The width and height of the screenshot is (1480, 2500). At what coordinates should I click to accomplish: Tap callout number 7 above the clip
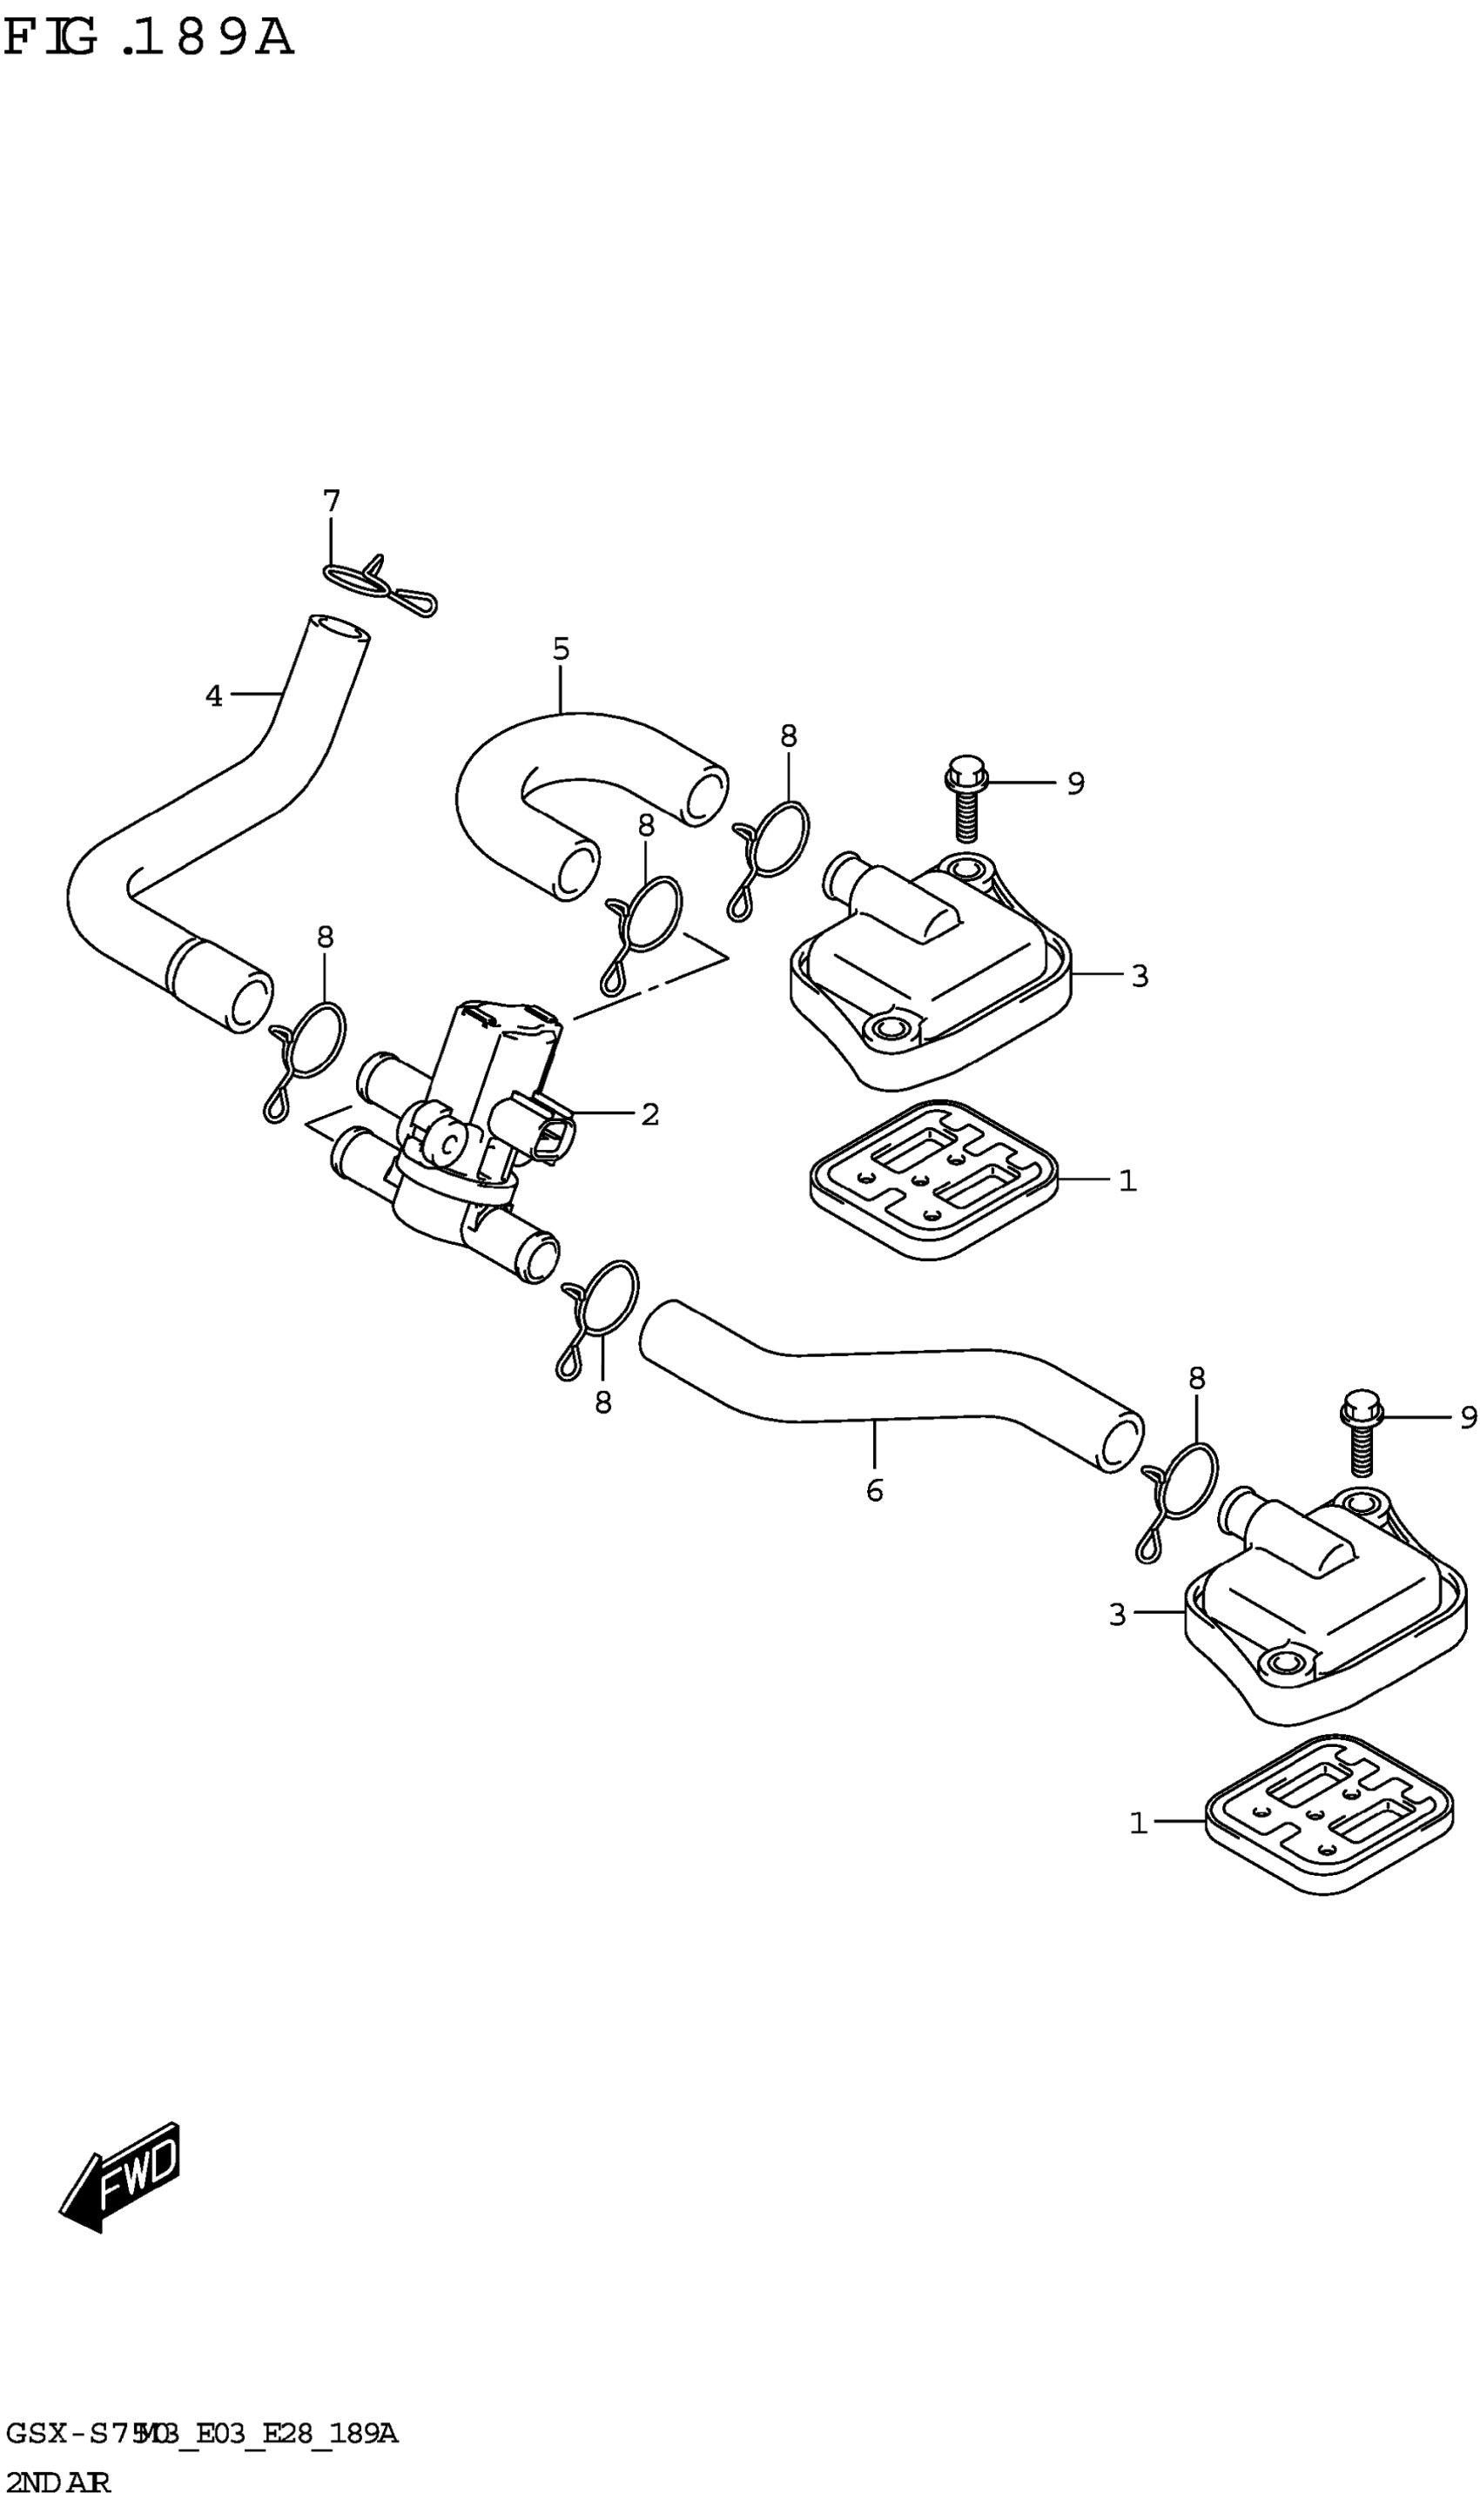[331, 501]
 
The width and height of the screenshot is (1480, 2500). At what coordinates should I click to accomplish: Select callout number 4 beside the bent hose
[213, 696]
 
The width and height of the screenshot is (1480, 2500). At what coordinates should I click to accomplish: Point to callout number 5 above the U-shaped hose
[561, 650]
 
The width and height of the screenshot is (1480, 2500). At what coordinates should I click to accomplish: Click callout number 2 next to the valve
[650, 1115]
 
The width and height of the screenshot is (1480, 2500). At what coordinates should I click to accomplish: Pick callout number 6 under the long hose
[875, 1491]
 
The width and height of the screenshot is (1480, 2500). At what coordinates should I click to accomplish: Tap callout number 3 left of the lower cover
[1117, 1615]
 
